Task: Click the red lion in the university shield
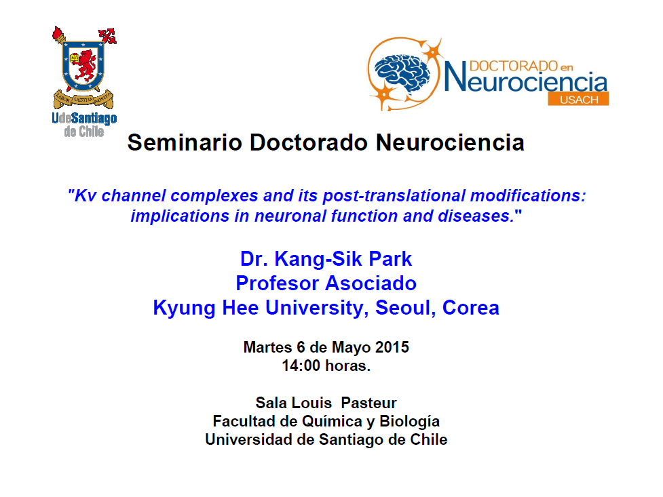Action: (86, 66)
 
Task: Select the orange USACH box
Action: (578, 99)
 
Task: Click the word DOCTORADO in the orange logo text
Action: (513, 66)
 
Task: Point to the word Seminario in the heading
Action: (185, 142)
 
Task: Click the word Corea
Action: (470, 308)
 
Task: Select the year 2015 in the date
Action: (392, 347)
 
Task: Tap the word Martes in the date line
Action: (267, 347)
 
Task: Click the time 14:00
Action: (301, 365)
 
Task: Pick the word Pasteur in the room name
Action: (368, 403)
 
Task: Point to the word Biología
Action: (409, 422)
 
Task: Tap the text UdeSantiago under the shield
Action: (84, 118)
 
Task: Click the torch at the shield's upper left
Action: (59, 35)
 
